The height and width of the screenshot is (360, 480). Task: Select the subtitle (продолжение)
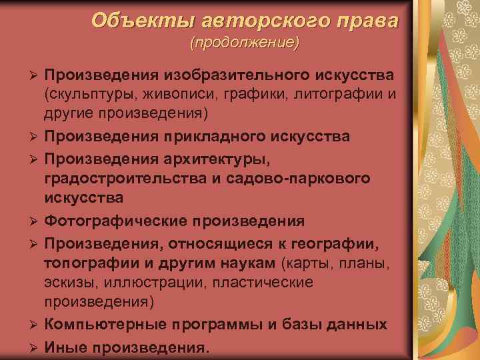245,43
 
